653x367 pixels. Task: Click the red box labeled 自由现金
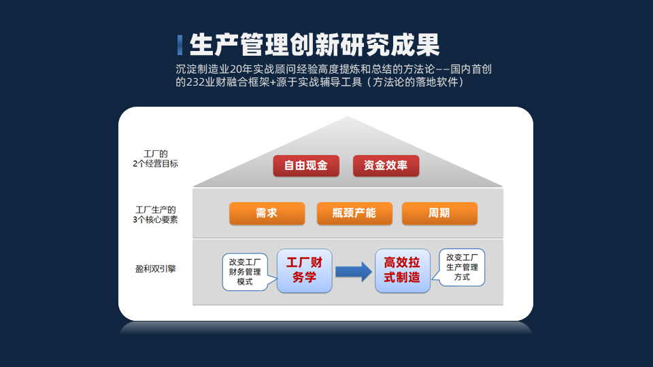pyautogui.click(x=306, y=166)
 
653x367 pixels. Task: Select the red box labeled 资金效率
pyautogui.click(x=386, y=166)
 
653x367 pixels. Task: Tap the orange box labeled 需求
pyautogui.click(x=267, y=213)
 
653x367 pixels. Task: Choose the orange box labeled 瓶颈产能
pyautogui.click(x=354, y=213)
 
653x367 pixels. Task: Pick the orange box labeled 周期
pyautogui.click(x=439, y=213)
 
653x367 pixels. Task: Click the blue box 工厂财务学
pyautogui.click(x=305, y=270)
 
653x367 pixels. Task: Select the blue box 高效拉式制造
pyautogui.click(x=402, y=270)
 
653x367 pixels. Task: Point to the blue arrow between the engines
pyautogui.click(x=354, y=272)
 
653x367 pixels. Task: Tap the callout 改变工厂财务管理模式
pyautogui.click(x=246, y=272)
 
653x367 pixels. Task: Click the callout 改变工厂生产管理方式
pyautogui.click(x=461, y=267)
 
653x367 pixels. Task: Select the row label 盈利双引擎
pyautogui.click(x=155, y=269)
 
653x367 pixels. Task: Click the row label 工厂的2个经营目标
pyautogui.click(x=155, y=158)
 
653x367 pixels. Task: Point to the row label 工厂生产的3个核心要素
pyautogui.click(x=155, y=214)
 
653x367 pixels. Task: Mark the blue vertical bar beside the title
pyautogui.click(x=180, y=45)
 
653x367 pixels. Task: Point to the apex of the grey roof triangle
pyautogui.click(x=348, y=116)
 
